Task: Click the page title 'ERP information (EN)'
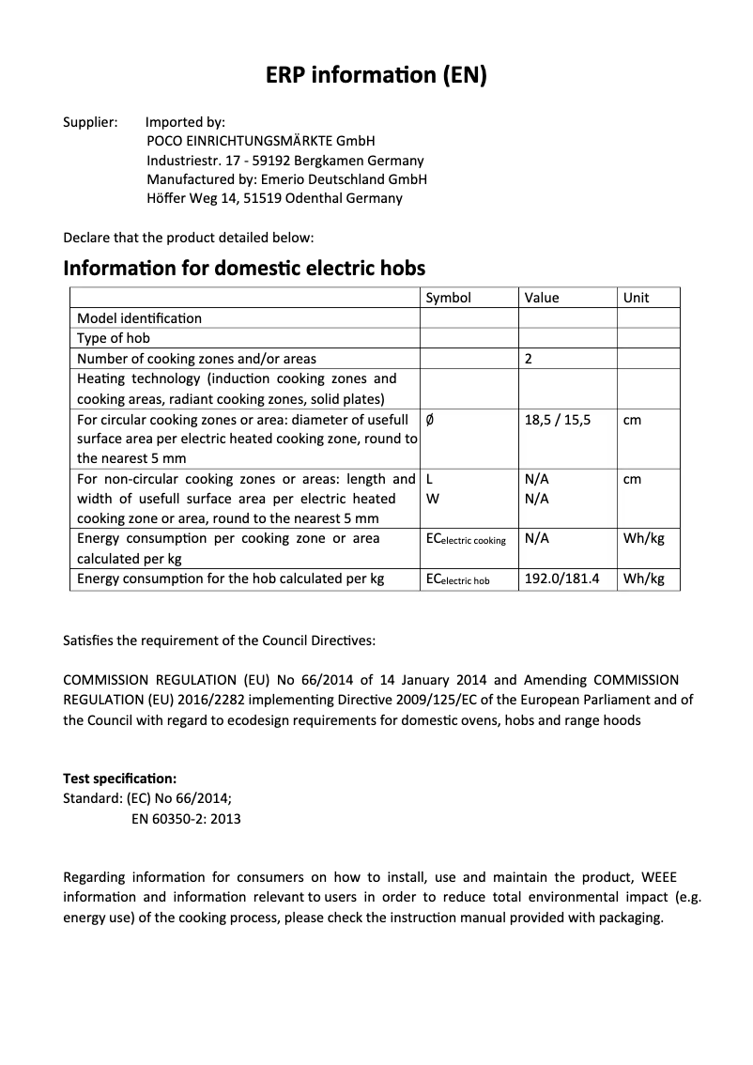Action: click(x=376, y=76)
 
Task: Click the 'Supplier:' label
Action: click(x=90, y=122)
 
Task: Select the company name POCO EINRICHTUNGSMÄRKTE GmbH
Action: click(x=261, y=141)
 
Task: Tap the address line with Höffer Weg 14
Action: click(x=274, y=198)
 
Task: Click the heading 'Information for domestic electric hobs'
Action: click(x=244, y=268)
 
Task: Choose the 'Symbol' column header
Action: click(x=449, y=298)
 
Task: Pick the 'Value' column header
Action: click(x=542, y=298)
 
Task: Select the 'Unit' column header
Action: click(x=636, y=298)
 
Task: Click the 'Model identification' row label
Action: click(x=139, y=318)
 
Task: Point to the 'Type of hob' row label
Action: click(x=114, y=338)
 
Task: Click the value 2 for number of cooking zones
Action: click(x=529, y=359)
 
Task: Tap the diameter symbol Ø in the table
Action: click(x=430, y=419)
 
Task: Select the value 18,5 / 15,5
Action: click(x=558, y=419)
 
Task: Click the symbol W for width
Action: click(x=432, y=499)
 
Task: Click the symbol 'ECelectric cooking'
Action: click(x=466, y=539)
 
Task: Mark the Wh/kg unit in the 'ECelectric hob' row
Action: click(x=643, y=579)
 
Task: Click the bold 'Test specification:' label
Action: click(x=119, y=779)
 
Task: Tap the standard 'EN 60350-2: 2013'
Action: click(x=186, y=819)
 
